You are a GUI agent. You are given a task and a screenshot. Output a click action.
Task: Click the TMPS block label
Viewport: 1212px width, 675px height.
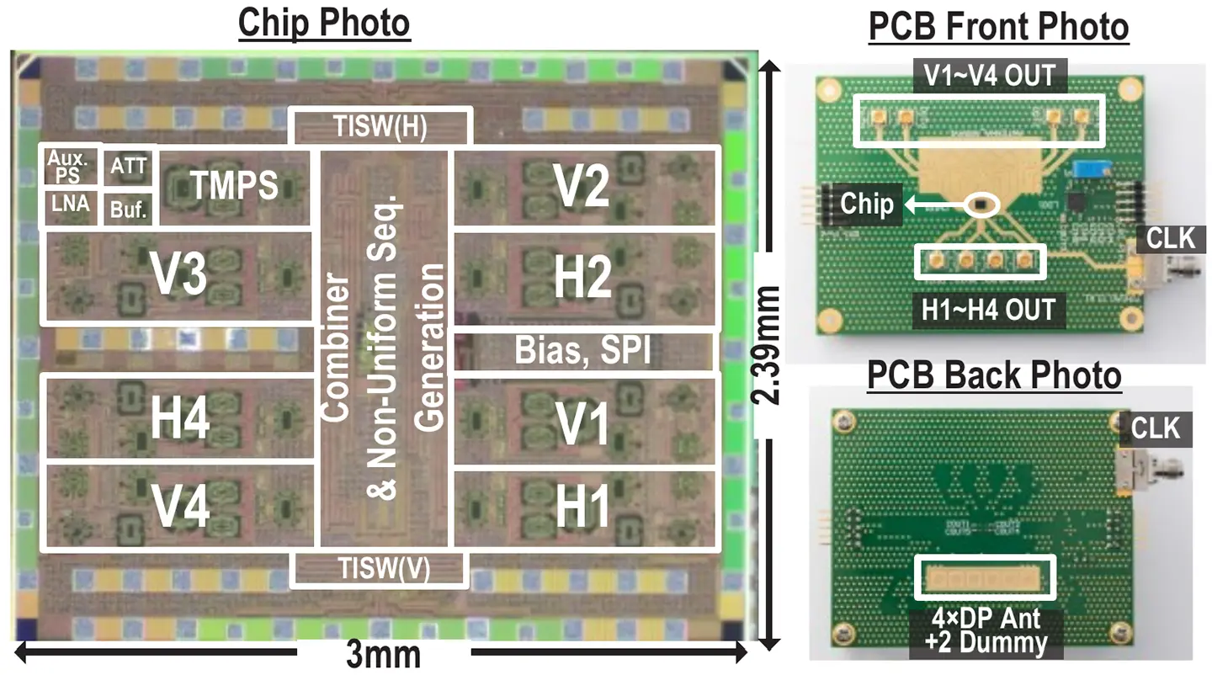pos(234,185)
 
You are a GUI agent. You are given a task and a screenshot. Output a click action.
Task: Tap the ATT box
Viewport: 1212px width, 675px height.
pos(129,165)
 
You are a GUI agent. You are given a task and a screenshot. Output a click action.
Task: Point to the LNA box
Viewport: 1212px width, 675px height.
pos(71,206)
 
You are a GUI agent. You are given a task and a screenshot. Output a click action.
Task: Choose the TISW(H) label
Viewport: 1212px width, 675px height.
pos(380,126)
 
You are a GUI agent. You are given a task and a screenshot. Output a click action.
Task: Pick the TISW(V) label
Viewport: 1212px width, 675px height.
pos(379,569)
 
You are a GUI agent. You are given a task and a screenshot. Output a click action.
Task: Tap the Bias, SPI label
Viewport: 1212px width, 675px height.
pos(583,351)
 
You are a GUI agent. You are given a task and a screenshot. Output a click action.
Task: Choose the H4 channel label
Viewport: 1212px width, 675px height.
pos(178,418)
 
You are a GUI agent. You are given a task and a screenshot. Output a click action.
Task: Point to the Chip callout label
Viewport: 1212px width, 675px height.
pos(868,204)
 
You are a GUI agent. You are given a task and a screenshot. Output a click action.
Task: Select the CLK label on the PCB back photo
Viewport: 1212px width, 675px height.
pos(1151,428)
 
